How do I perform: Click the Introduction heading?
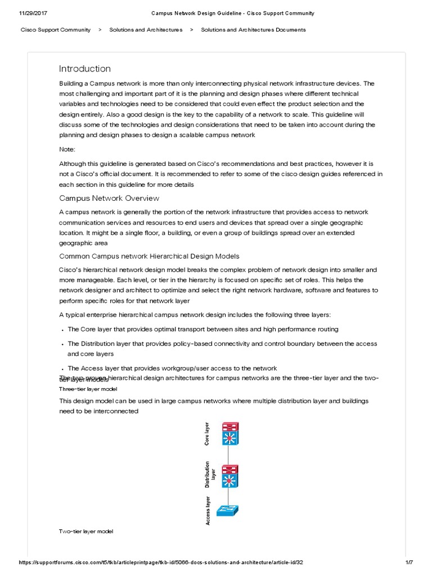(x=85, y=69)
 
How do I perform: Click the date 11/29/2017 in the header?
(x=20, y=13)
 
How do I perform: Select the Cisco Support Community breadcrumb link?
(x=56, y=30)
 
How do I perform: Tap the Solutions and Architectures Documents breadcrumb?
(x=253, y=30)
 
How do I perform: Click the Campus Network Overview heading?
(x=109, y=198)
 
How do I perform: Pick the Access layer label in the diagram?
(x=208, y=510)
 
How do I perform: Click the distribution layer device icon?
(x=229, y=475)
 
